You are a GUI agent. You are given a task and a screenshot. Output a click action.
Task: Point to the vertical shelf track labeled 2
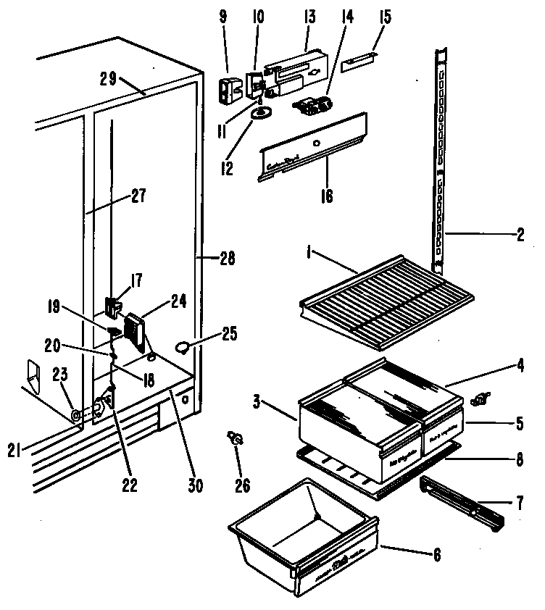point(439,159)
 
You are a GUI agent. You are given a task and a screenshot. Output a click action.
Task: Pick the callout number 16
point(328,196)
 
